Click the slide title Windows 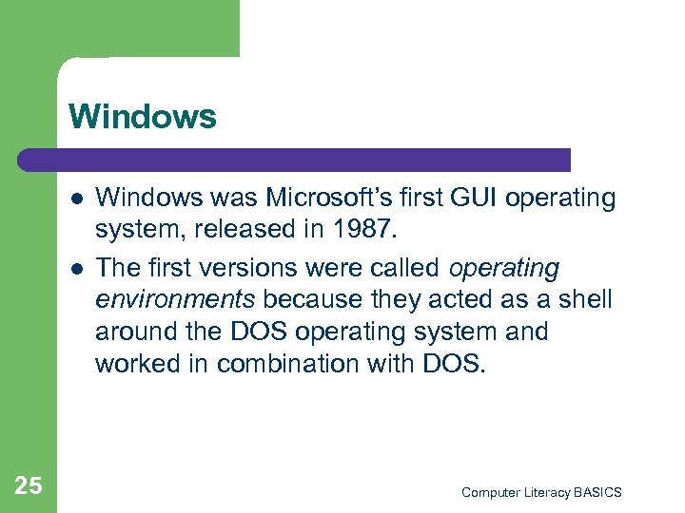[143, 117]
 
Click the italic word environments [175, 301]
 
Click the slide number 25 [29, 486]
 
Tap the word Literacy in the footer [548, 492]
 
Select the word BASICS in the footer [599, 492]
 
